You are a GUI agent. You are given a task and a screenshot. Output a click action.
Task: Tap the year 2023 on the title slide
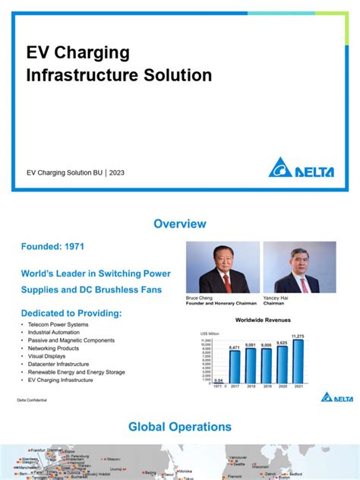coord(117,172)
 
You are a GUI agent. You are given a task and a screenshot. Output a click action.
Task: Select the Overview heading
coord(180,224)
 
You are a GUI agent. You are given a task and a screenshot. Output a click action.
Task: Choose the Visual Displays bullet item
coord(45,355)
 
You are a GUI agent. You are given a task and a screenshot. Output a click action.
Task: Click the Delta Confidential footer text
coord(31,399)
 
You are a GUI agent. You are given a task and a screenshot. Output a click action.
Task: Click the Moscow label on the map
coord(113,459)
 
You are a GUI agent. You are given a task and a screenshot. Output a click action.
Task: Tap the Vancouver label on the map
coord(238,458)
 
